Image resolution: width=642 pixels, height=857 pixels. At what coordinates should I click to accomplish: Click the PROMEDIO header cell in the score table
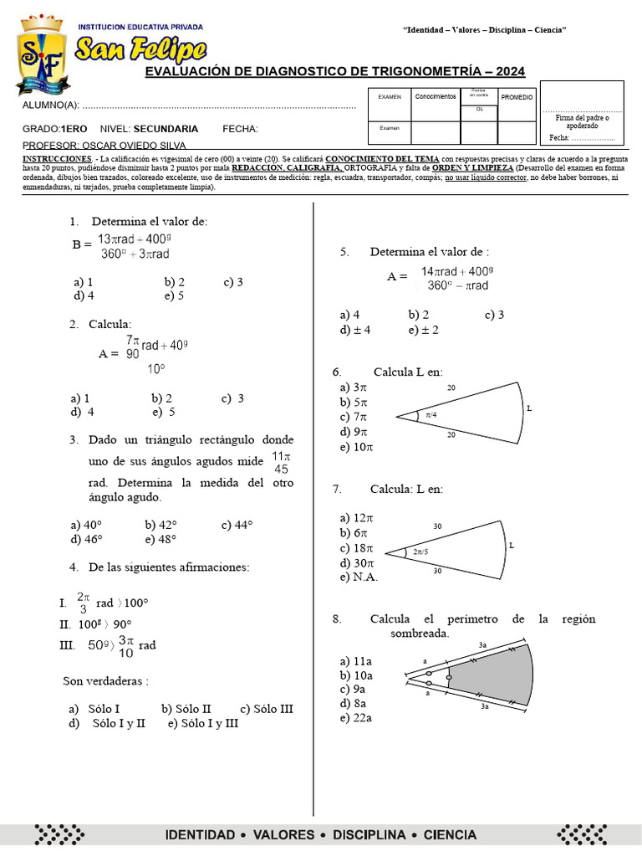pos(517,98)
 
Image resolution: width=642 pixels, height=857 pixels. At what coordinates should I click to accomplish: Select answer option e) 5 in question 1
pos(174,295)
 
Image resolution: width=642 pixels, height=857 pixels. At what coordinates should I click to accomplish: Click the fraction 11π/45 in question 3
pos(282,463)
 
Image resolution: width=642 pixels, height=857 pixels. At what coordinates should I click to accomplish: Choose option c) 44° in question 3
pos(237,525)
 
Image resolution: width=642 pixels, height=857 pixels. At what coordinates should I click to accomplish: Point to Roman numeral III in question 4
pos(66,645)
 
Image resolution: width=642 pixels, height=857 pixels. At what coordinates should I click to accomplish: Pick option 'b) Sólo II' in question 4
pos(186,709)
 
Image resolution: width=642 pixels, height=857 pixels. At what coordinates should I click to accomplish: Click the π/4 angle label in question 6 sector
pos(431,414)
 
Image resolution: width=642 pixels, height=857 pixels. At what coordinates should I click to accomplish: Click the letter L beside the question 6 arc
pos(528,408)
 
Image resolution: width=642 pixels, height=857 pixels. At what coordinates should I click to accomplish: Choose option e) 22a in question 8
pos(356,718)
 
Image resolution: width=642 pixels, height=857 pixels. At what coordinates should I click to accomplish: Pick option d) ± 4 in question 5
pos(355,330)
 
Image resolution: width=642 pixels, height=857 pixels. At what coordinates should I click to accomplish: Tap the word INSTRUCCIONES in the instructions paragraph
pos(56,158)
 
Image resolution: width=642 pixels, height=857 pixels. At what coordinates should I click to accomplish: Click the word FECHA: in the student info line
pos(240,129)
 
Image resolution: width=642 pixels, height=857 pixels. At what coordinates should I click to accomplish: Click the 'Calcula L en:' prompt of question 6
pos(408,372)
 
